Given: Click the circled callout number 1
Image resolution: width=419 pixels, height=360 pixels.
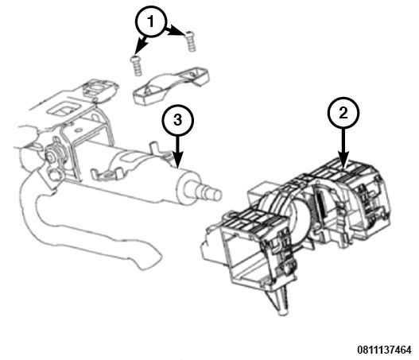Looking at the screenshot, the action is pos(151,21).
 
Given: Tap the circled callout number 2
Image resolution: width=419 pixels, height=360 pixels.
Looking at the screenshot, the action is pos(343,113).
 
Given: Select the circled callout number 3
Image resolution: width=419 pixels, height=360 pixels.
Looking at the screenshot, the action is pos(178,120).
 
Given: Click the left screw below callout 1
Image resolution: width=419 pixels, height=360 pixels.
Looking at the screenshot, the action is pos(136,66).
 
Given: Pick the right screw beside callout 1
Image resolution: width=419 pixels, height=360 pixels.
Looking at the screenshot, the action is pos(190,41).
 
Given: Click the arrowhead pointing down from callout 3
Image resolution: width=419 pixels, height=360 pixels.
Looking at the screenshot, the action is pos(178,160).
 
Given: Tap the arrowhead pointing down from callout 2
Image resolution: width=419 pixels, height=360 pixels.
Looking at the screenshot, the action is pos(343,160).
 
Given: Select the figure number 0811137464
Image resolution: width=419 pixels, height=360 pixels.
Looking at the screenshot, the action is pos(385,350).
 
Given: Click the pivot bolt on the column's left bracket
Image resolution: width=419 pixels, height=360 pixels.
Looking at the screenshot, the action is pos(52,156).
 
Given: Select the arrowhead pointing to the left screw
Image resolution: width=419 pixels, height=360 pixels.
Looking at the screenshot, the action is pos(141,46).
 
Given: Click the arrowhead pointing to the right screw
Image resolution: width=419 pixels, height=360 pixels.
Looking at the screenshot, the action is pos(178,31).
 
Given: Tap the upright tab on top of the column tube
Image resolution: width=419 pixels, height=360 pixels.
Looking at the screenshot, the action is pos(154,149).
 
